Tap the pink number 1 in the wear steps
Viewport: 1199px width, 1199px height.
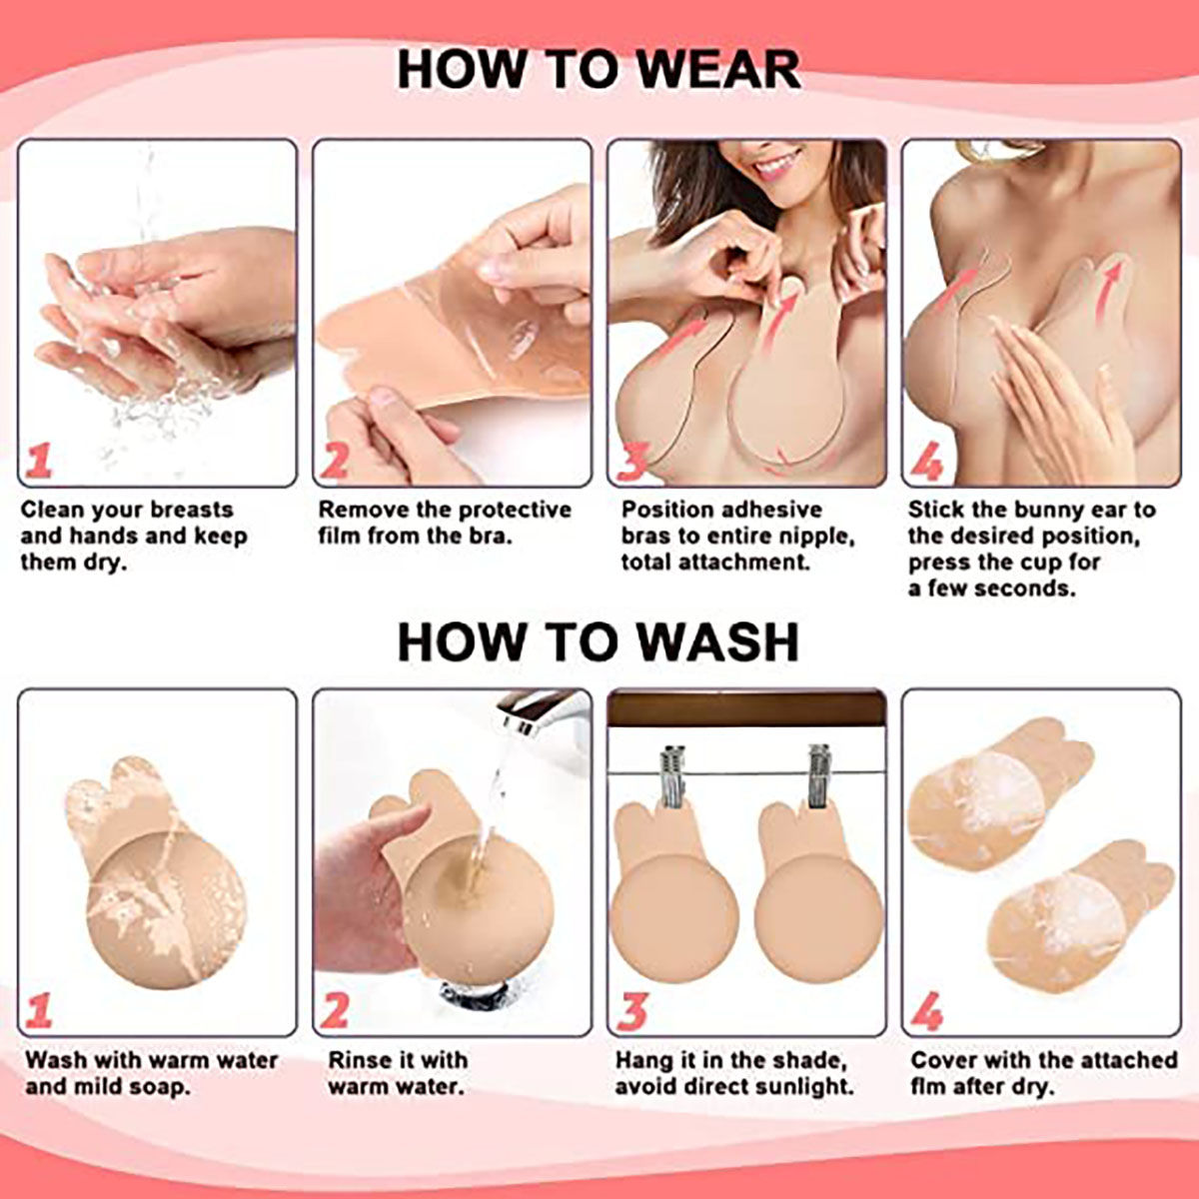39,460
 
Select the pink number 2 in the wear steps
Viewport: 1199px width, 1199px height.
335,460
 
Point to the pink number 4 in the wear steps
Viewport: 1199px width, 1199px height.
926,460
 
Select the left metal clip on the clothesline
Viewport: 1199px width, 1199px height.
673,775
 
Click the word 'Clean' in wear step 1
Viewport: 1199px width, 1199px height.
53,510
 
